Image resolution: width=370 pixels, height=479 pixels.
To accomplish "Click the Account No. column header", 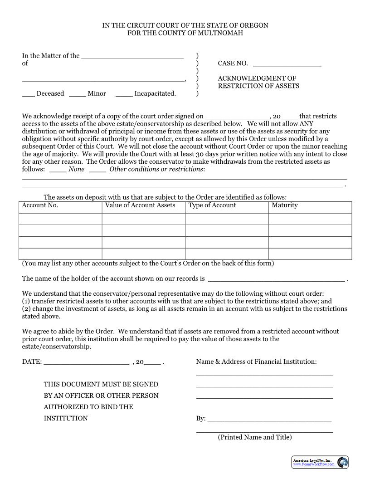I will (x=40, y=205).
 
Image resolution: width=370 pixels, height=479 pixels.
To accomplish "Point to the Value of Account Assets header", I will (x=140, y=205).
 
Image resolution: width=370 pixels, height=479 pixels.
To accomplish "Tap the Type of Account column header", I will (x=212, y=205).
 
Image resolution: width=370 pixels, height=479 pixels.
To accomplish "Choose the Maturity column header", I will (x=285, y=205).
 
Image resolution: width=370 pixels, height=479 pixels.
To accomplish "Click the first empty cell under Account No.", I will (x=60, y=219).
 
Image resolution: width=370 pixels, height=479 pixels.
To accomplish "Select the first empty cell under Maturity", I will (x=310, y=219).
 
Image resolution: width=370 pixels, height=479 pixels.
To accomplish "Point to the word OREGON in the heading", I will (x=252, y=25).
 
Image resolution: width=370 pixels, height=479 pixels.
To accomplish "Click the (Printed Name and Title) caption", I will (x=255, y=437).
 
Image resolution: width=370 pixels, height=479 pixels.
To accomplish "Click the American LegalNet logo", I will (x=320, y=462).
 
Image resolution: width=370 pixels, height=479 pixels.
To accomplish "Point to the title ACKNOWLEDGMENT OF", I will (x=257, y=78).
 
